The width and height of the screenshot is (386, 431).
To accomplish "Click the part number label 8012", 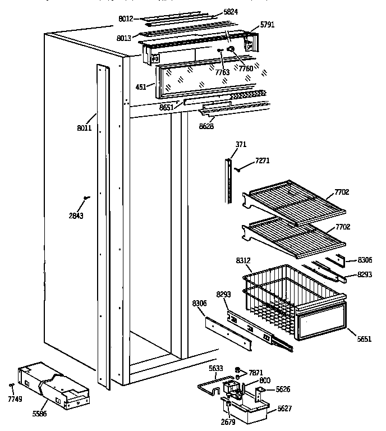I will coord(125,19).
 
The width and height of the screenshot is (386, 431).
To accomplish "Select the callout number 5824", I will coord(215,11).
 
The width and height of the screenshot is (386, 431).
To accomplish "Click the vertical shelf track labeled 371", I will coord(228,180).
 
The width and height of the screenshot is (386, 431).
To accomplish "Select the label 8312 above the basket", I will coord(243,260).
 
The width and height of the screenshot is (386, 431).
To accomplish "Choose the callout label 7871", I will coord(256,373).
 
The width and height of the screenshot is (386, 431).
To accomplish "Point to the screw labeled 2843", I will coord(85,197).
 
